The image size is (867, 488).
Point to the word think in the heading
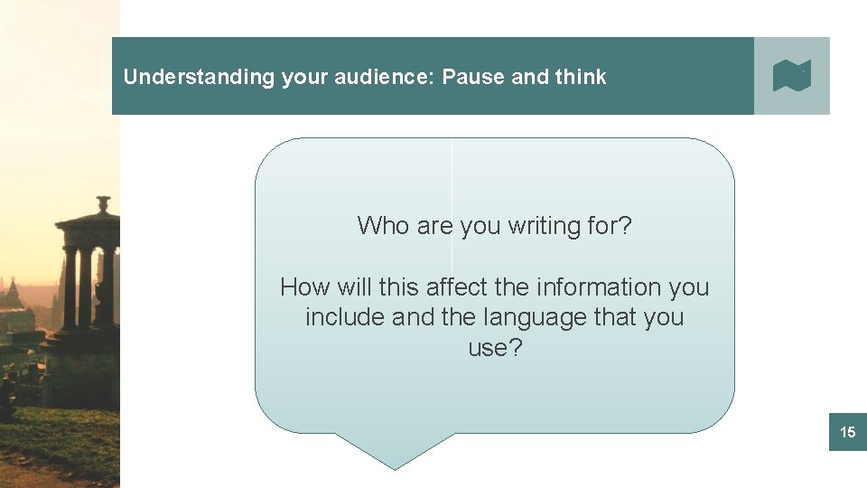point(581,77)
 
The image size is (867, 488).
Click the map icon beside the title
point(792,76)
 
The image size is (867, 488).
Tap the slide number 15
point(847,433)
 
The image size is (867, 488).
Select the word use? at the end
point(495,348)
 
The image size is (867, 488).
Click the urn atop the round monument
point(104,204)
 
